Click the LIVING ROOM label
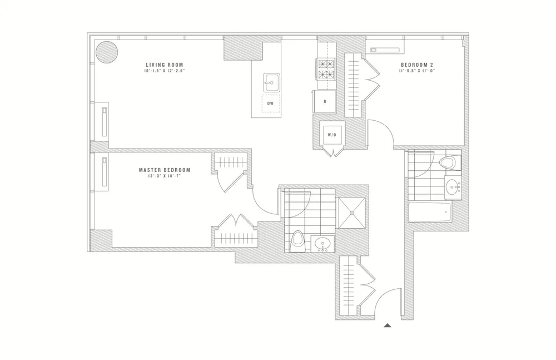164,65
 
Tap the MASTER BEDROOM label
165,170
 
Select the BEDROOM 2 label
417,65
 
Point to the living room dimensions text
164,71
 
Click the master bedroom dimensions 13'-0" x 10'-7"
165,177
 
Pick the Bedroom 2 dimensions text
417,71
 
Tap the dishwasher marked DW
270,103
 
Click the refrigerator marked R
325,102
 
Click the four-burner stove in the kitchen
325,68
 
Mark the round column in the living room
107,52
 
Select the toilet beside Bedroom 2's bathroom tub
448,163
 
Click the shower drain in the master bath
351,211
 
